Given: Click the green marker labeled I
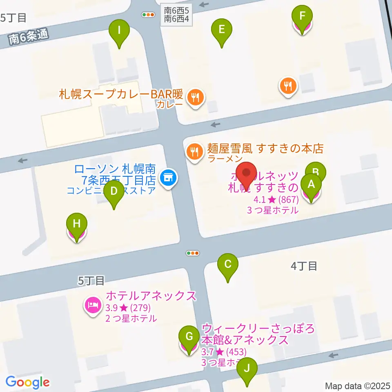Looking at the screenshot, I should pos(119,30).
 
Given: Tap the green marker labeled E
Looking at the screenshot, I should pos(221,29).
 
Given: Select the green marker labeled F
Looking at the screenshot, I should pos(302,17).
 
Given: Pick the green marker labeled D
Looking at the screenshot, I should pos(114,191).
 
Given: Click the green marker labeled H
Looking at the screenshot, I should pos(77,224).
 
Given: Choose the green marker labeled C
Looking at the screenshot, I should pos(227,264).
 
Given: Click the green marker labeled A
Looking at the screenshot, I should pos(311,185).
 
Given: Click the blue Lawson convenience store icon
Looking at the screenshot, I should pos(167,178).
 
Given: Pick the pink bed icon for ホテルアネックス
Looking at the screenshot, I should pos(93,305).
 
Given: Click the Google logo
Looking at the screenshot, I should pos(28,382).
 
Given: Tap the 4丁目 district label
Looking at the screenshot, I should pos(304,266).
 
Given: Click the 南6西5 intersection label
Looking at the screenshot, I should pos(176,10).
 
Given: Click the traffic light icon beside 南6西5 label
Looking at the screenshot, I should pos(148,15).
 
